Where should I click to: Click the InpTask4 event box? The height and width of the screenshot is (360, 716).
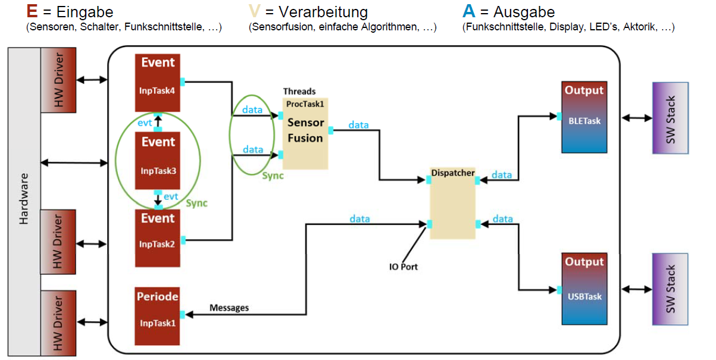(x=158, y=83)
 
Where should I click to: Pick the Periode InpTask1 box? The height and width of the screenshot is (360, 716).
(x=158, y=316)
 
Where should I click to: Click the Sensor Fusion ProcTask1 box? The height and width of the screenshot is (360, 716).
(x=305, y=133)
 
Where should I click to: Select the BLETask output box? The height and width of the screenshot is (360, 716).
(x=584, y=118)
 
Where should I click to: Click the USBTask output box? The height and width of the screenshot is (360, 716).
(x=584, y=289)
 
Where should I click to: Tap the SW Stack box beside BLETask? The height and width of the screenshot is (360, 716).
(x=670, y=118)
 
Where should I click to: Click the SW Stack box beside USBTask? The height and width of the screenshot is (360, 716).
(x=670, y=289)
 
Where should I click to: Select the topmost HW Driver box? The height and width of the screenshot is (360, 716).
(x=58, y=80)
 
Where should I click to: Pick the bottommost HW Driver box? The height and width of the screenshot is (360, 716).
(x=58, y=322)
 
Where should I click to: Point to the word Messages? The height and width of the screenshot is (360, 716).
(x=229, y=308)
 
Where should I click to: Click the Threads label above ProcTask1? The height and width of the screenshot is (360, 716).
(x=299, y=91)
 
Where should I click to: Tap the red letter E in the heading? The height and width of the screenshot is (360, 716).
(x=32, y=11)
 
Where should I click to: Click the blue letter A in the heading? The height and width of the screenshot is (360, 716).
(x=468, y=11)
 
